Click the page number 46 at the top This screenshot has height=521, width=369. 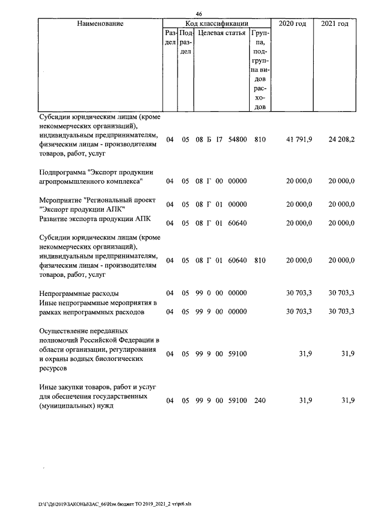tap(198, 14)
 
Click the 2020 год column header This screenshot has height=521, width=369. tap(292, 24)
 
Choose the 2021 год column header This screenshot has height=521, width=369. tap(334, 24)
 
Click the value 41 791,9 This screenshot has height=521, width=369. tap(299, 139)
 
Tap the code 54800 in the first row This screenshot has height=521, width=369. tap(238, 139)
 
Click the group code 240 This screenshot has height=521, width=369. tap(259, 400)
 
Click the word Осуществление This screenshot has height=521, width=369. tap(67, 331)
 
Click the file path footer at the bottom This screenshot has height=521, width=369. tap(115, 504)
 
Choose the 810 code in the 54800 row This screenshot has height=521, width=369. tap(259, 139)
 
